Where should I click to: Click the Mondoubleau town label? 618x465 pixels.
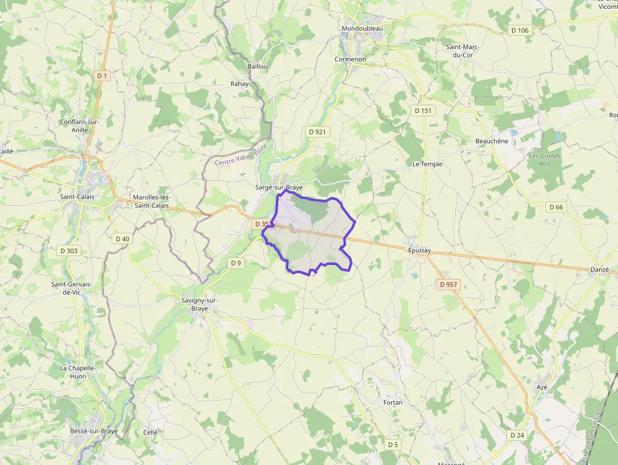(362, 28)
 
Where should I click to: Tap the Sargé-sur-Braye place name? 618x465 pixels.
(279, 187)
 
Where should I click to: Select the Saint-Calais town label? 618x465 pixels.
(77, 196)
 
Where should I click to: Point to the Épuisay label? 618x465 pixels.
(419, 250)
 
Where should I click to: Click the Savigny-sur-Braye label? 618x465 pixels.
(199, 305)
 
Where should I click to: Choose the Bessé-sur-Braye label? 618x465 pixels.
(94, 432)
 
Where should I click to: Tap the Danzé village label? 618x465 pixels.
(600, 270)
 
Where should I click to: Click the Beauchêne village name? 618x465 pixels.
(492, 141)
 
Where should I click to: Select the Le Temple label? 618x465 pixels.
(428, 164)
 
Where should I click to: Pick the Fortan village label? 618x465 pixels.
(393, 402)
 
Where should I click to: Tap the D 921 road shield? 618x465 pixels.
(318, 131)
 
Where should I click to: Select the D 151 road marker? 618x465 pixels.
(424, 110)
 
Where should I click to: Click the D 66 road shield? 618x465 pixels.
(556, 207)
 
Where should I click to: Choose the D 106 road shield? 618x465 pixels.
(520, 30)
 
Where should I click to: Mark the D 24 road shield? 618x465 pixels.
(517, 435)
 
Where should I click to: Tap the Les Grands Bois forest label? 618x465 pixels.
(545, 160)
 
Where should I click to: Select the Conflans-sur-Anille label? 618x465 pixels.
(80, 126)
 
